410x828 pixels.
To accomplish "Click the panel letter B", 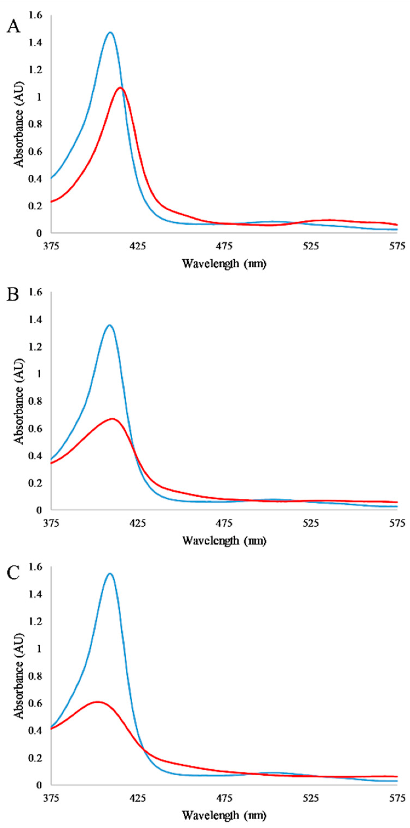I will pyautogui.click(x=13, y=294).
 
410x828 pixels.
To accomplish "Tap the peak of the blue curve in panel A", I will pyautogui.click(x=110, y=32).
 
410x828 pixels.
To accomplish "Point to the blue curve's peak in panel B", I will pyautogui.click(x=110, y=325).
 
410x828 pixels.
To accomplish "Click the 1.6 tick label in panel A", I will pyautogui.click(x=36, y=15).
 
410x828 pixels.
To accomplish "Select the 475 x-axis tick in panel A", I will pyautogui.click(x=224, y=246).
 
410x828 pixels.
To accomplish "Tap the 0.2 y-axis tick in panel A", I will pyautogui.click(x=36, y=206).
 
